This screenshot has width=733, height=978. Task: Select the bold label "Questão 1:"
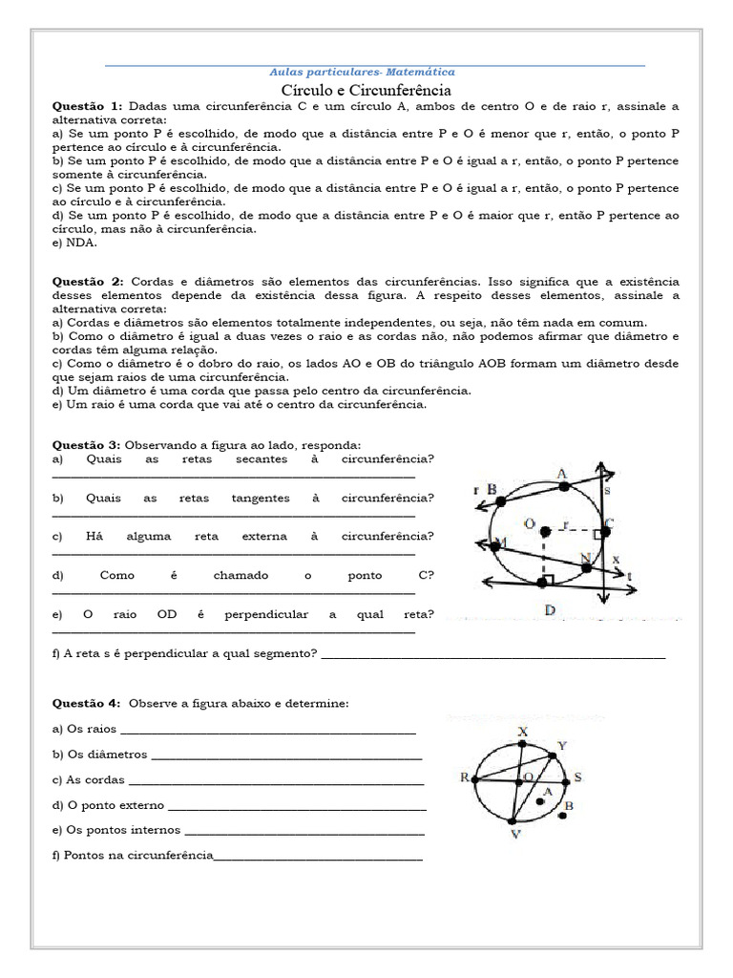(x=88, y=106)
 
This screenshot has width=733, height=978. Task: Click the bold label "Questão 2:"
(x=88, y=282)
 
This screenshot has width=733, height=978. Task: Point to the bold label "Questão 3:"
(x=87, y=445)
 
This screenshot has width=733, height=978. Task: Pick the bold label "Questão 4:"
(x=87, y=704)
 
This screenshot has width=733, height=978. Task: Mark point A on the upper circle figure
(x=564, y=486)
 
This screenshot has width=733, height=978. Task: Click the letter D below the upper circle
(x=550, y=610)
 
